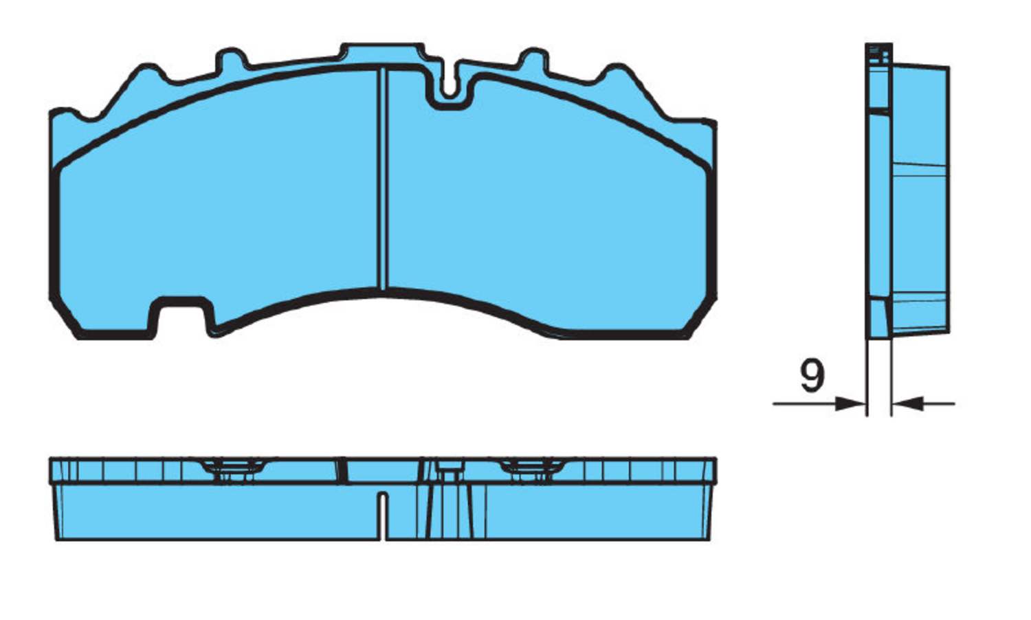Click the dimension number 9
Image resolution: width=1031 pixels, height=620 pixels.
pos(812,376)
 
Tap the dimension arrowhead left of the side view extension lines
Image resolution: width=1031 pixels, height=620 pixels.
pos(851,403)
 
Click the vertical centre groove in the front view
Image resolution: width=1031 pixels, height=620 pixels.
pos(384,179)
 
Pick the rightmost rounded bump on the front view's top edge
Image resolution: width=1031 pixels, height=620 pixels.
pos(617,74)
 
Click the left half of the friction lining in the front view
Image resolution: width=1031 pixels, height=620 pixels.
pos(220,206)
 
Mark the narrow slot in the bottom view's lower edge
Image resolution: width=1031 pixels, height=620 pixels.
pos(384,516)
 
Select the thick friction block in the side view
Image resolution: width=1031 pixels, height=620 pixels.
pos(921,199)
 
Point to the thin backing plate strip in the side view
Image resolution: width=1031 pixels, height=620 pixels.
pos(878,206)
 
